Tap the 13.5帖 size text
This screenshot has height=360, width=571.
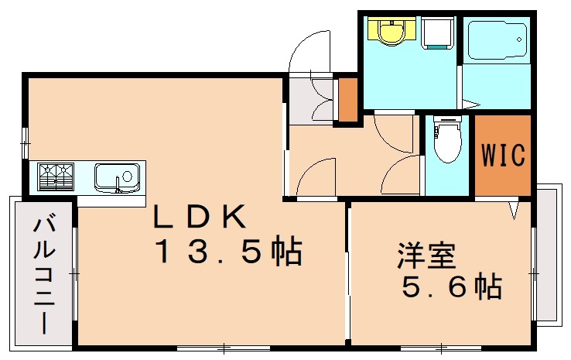tap(228, 252)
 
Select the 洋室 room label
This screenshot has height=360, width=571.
tap(426, 256)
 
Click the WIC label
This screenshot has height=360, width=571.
tap(504, 154)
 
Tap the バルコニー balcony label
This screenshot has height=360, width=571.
tap(43, 275)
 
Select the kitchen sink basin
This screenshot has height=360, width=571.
tap(116, 177)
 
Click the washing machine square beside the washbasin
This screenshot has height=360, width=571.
tap(439, 33)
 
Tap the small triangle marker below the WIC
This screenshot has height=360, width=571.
tap(514, 208)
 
